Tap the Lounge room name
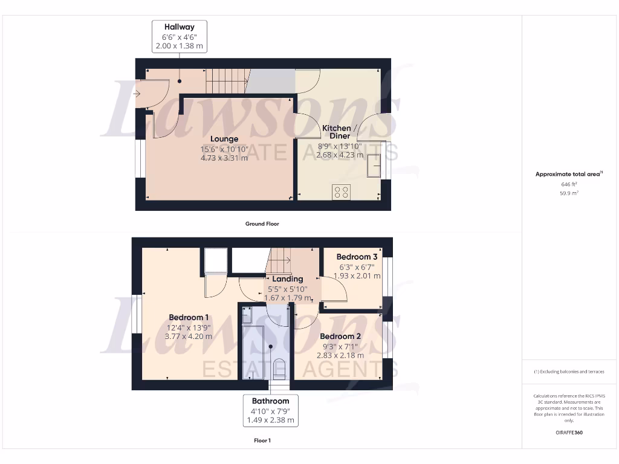click(x=224, y=139)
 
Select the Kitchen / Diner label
click(x=340, y=132)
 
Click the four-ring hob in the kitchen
click(x=340, y=192)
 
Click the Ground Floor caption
click(x=262, y=224)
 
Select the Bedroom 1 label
click(x=189, y=317)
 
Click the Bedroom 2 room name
click(x=340, y=336)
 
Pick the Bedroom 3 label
click(x=357, y=257)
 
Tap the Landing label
click(x=287, y=279)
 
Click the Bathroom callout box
click(x=270, y=410)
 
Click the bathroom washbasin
click(x=247, y=314)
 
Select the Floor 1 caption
click(x=262, y=440)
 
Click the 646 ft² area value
click(x=570, y=184)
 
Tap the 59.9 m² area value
click(x=570, y=193)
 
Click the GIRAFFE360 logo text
click(x=570, y=433)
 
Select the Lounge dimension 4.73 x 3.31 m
click(x=224, y=158)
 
